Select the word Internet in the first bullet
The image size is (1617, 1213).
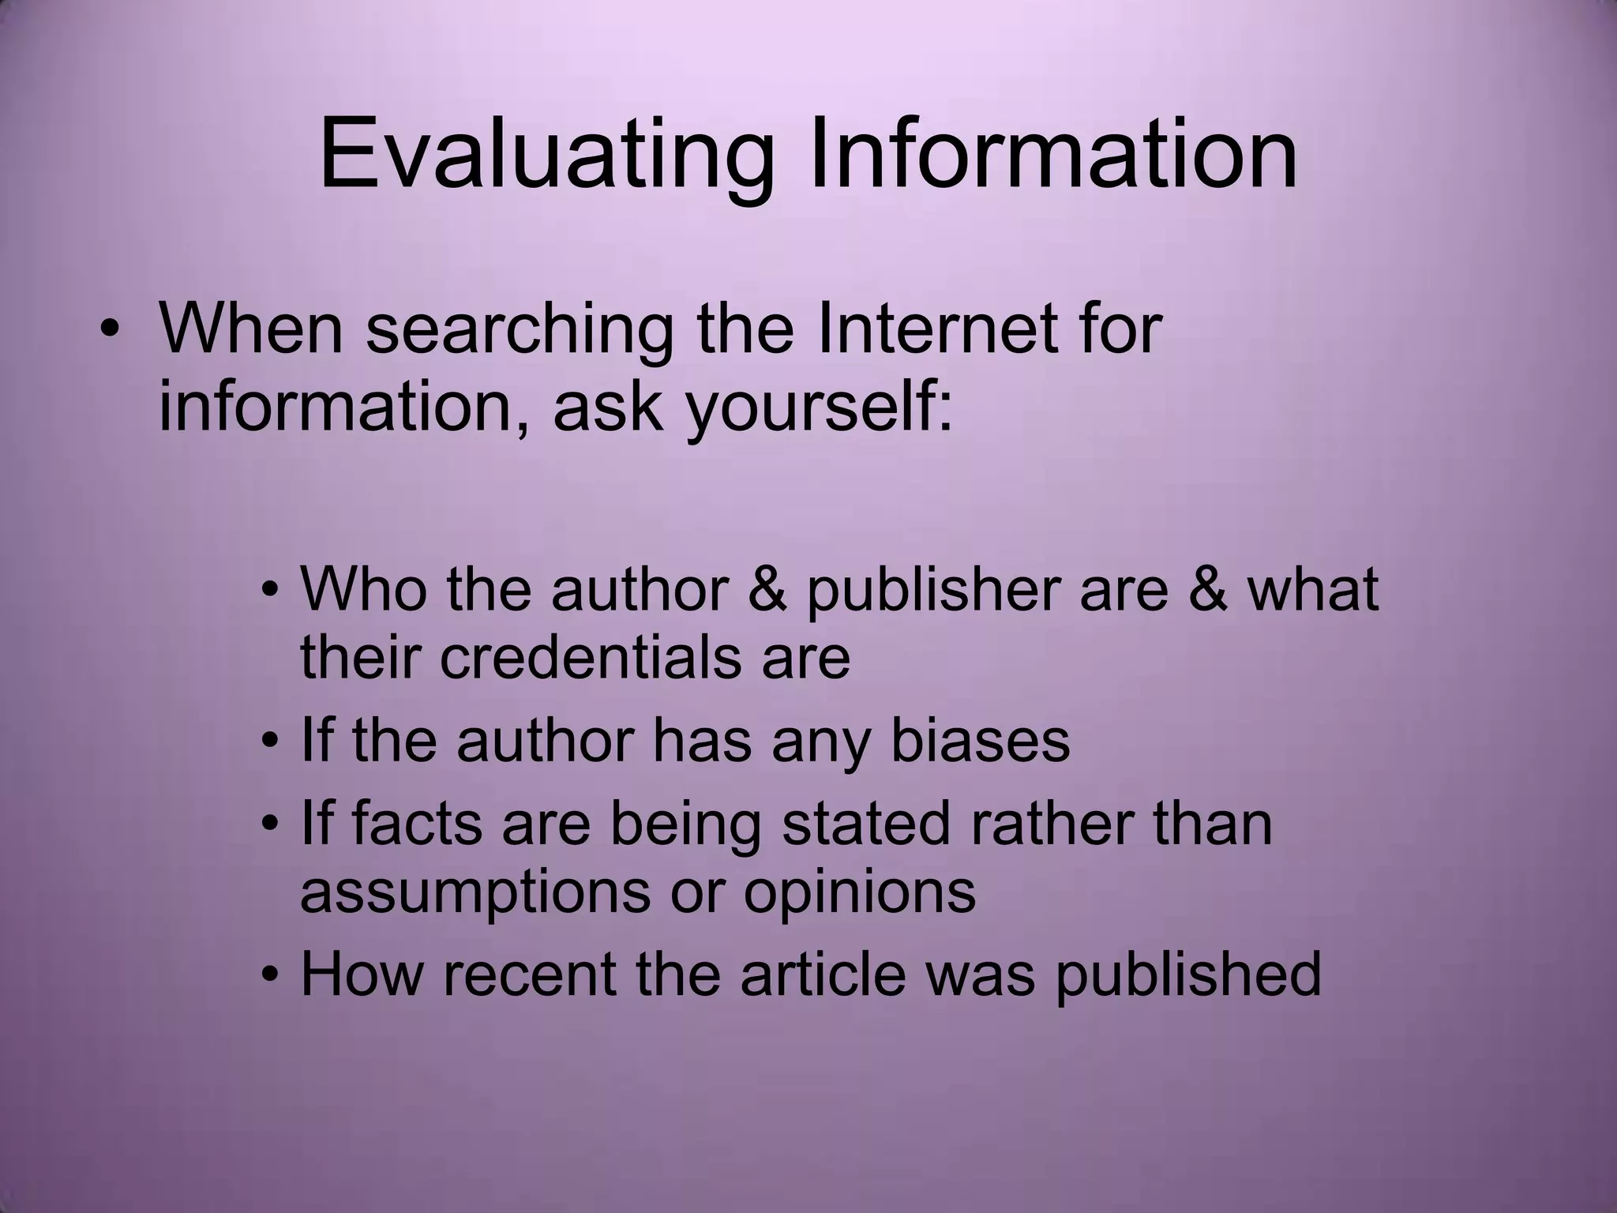pyautogui.click(x=936, y=329)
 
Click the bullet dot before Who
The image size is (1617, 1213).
pyautogui.click(x=271, y=589)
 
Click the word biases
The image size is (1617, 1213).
pyautogui.click(x=980, y=741)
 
